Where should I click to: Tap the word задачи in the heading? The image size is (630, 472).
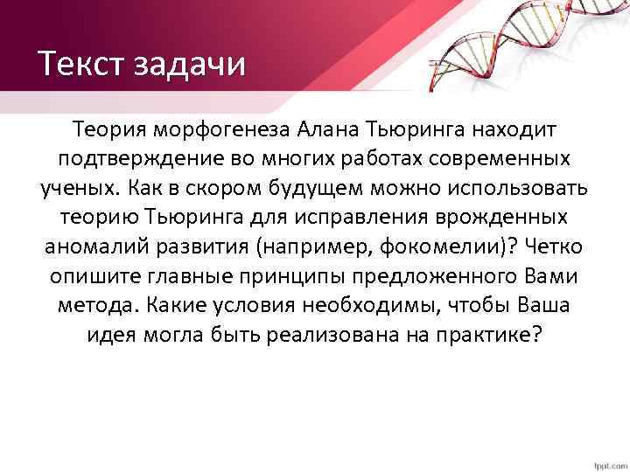point(186,66)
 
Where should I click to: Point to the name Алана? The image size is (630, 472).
point(325,130)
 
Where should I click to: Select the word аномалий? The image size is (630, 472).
point(95,247)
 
